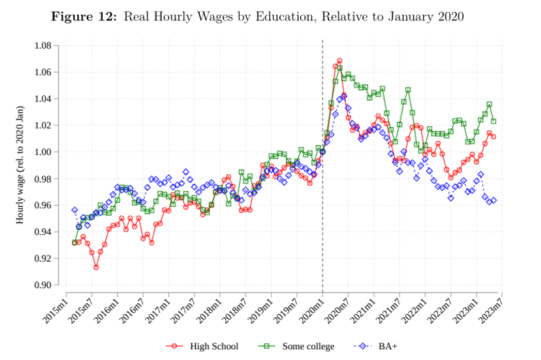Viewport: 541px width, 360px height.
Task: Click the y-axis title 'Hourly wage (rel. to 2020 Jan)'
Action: pos(20,165)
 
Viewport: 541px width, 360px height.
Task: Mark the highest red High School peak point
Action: pos(339,61)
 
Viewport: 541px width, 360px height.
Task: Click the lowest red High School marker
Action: pos(96,267)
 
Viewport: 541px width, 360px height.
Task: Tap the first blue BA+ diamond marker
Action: pos(75,210)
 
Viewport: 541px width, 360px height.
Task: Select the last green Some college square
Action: pos(494,121)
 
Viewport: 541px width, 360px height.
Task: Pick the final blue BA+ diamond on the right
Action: pos(494,200)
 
